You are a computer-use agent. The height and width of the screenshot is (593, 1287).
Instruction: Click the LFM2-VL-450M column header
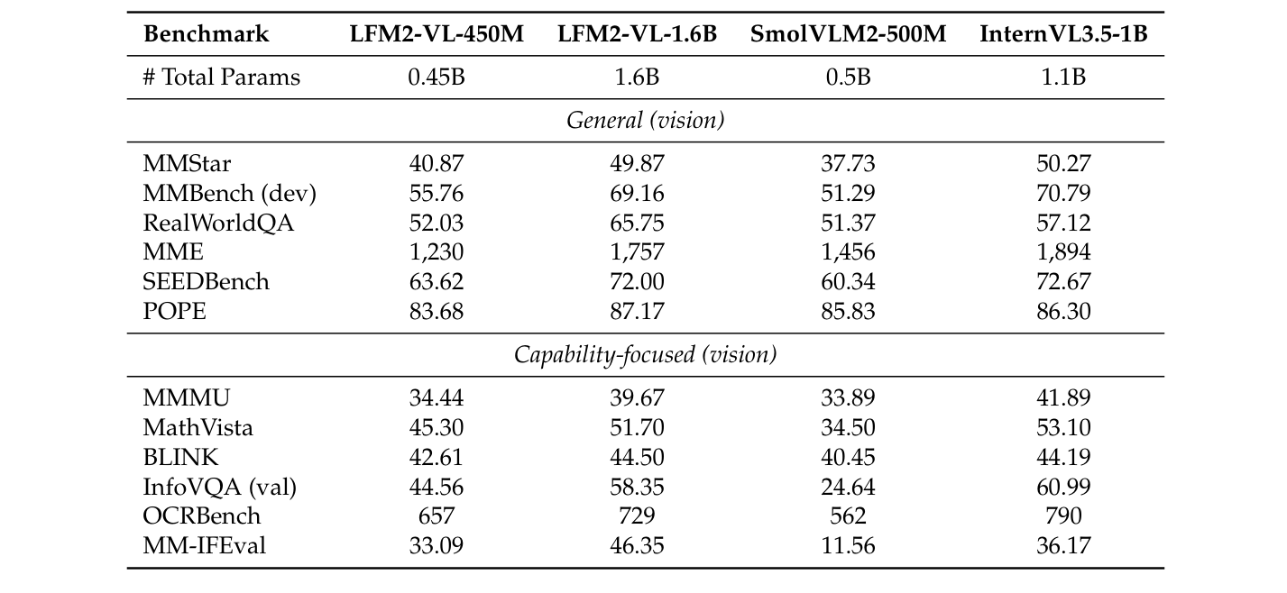[x=437, y=34]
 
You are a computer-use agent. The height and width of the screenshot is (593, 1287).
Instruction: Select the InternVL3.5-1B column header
[x=1063, y=34]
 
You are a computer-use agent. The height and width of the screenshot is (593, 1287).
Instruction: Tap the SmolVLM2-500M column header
[x=848, y=34]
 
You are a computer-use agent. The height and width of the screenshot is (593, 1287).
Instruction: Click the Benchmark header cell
[x=206, y=34]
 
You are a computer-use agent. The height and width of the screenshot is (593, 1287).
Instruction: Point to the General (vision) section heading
[x=645, y=120]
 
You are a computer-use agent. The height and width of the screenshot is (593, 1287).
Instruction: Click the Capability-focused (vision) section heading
[x=645, y=354]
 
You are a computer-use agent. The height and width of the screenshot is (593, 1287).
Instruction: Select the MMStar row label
[x=186, y=163]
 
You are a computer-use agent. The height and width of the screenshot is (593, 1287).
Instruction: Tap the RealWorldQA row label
[x=218, y=223]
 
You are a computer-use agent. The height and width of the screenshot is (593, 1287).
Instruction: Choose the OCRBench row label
[x=201, y=515]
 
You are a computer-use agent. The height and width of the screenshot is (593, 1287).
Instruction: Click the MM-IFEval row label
[x=204, y=545]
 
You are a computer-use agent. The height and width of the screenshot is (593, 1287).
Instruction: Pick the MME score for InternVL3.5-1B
[x=1063, y=252]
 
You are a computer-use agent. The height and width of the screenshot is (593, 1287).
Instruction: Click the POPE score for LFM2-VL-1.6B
[x=637, y=311]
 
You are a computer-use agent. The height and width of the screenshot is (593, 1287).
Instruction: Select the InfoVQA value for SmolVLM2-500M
[x=848, y=487]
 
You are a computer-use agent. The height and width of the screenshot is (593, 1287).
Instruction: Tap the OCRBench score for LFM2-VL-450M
[x=437, y=515]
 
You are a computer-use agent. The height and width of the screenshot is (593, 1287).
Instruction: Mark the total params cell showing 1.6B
[x=637, y=77]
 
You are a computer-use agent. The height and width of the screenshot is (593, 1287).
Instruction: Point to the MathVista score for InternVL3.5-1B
[x=1063, y=427]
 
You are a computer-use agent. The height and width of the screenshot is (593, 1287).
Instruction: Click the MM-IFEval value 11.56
[x=848, y=545]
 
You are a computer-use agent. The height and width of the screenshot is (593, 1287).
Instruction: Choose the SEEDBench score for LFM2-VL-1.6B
[x=637, y=281]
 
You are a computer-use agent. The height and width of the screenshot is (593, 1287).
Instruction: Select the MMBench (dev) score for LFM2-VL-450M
[x=437, y=193]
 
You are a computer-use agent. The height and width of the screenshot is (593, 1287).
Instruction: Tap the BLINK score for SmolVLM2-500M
[x=848, y=457]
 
